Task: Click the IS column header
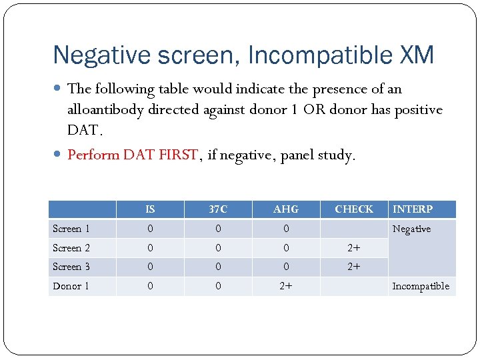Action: coord(150,209)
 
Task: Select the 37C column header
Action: coord(218,209)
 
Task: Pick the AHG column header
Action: coord(286,209)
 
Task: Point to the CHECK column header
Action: coord(354,209)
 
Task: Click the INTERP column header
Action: coord(413,209)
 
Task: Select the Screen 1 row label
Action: coord(71,229)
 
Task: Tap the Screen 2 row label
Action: coord(71,248)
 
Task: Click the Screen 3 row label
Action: coord(71,267)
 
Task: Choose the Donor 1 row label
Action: coord(71,286)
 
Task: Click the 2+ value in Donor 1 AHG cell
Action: coord(286,286)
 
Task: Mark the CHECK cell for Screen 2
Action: coord(354,248)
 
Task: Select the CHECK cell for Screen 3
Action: coord(354,267)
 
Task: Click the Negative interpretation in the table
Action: coord(411,229)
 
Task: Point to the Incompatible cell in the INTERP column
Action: coord(421,286)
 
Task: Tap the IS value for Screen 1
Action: coord(150,229)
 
